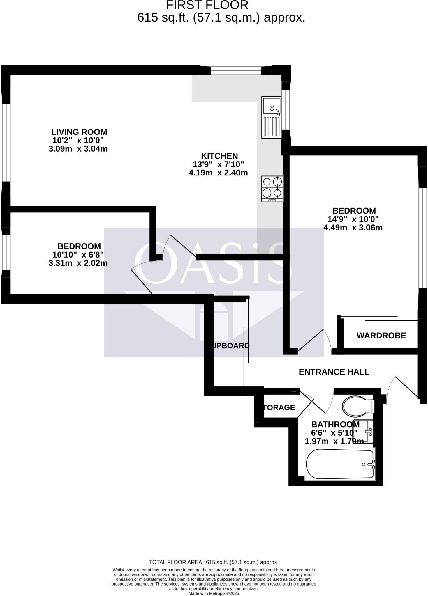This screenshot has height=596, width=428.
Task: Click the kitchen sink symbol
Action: (x=272, y=118)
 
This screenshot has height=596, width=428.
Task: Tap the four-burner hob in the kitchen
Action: (x=272, y=189)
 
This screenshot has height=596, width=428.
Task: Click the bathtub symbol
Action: (x=340, y=464)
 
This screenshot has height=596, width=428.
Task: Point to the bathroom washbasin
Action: (x=363, y=431)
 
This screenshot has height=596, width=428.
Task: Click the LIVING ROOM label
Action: (x=79, y=132)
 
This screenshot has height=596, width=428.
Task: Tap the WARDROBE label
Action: (x=381, y=336)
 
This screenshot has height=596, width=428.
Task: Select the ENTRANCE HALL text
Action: (x=334, y=372)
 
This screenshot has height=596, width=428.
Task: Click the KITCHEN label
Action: (x=219, y=156)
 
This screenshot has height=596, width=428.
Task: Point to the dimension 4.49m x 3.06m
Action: (x=353, y=228)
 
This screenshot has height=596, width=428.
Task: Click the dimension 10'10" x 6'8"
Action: (x=78, y=255)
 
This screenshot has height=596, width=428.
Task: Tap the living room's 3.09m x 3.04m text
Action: (x=78, y=149)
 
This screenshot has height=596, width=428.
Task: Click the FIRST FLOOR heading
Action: (x=207, y=5)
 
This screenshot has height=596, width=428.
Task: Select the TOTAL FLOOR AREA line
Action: (x=214, y=562)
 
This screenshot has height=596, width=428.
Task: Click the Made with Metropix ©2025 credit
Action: (x=214, y=593)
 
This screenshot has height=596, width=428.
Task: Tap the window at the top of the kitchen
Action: (x=236, y=70)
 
